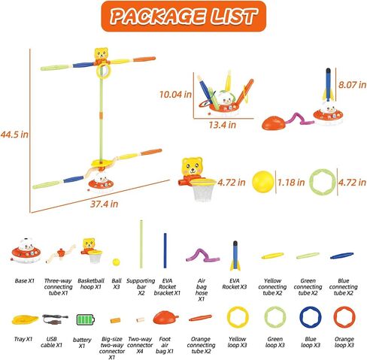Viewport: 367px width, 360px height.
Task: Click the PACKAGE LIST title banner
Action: [183, 17]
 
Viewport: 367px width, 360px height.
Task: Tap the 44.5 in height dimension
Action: [14, 135]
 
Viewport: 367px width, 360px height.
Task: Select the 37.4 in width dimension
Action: [104, 204]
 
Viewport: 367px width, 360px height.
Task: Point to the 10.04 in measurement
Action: [175, 95]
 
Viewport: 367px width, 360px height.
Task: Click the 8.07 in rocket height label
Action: [352, 85]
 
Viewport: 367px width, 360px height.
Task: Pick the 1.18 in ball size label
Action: [291, 183]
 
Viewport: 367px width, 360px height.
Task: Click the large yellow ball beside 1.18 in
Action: [263, 182]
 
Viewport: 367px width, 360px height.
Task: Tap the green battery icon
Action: [86, 319]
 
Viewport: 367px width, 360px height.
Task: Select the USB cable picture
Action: [55, 319]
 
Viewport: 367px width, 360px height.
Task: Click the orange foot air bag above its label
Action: [165, 317]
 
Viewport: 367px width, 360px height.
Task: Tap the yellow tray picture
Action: [25, 319]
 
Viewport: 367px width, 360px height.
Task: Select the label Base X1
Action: [24, 281]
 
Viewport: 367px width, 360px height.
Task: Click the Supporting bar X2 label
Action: [141, 287]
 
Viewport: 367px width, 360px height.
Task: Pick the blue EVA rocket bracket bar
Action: [165, 250]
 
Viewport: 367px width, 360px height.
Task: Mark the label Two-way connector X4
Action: [140, 345]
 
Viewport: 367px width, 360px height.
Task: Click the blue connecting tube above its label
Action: [342, 256]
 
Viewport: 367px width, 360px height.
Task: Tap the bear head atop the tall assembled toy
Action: [101, 53]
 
